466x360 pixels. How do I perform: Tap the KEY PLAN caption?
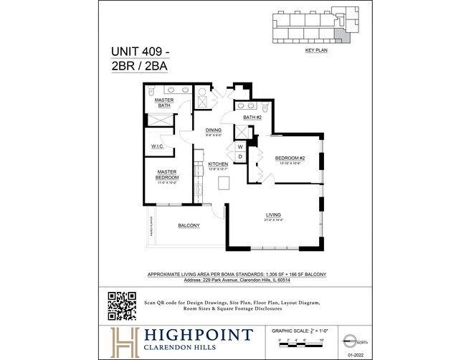[315, 52]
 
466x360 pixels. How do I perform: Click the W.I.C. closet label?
[158, 146]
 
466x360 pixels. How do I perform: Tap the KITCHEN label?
[218, 164]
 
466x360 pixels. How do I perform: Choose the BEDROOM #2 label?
[290, 158]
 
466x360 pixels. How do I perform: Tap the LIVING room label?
[273, 214]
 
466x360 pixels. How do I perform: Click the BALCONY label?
[189, 225]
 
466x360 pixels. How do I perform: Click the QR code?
[122, 306]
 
